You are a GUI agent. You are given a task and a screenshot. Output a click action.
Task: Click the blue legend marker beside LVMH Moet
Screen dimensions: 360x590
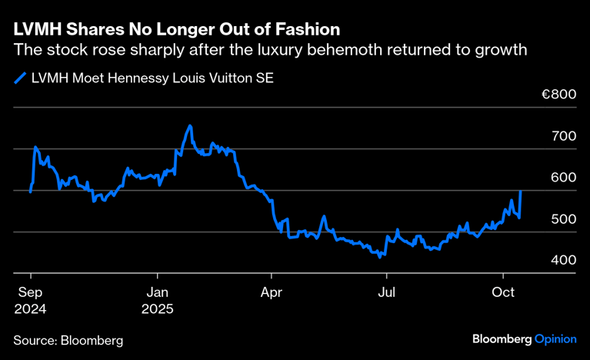click(x=20, y=78)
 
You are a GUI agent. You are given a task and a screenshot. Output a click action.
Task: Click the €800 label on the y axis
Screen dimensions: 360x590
click(x=558, y=95)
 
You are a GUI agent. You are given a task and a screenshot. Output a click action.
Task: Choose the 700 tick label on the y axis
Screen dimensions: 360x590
click(x=564, y=136)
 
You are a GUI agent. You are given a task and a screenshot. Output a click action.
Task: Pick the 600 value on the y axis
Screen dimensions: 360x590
click(x=564, y=178)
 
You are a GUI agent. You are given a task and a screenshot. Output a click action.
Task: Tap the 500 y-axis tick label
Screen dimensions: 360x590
click(x=564, y=219)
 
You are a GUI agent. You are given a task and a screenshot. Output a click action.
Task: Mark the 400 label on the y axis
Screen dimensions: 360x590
click(x=564, y=261)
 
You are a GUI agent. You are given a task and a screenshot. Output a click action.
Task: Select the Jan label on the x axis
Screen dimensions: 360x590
click(x=158, y=293)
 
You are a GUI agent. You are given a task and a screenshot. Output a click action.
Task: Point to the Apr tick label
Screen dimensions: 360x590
click(x=271, y=293)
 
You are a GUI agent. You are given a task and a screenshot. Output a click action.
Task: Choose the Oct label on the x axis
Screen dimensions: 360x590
click(x=502, y=293)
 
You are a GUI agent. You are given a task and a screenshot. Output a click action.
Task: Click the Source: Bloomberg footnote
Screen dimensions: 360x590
click(x=68, y=339)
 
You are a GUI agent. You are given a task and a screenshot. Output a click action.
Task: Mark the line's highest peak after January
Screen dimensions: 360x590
click(x=189, y=125)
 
